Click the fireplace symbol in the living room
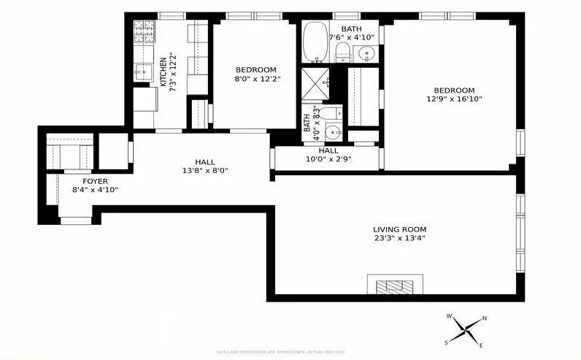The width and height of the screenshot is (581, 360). pos(395,286)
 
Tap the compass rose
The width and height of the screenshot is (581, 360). pos(466,329)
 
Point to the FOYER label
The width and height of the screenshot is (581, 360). pos(95,180)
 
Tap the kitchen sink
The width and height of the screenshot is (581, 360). pos(142,72)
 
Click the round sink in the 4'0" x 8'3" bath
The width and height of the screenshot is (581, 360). pos(332,132)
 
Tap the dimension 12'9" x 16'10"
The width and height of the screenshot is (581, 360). pos(455,99)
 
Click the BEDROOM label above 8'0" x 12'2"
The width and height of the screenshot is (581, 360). pos(255,69)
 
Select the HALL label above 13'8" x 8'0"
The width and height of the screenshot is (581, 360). pos(205,161)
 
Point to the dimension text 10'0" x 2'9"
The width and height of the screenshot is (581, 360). pos(328,159)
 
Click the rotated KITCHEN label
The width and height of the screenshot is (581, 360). pos(163,72)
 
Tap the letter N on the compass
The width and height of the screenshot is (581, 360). pos(485,318)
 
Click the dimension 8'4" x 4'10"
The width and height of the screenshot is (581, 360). pos(95,190)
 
